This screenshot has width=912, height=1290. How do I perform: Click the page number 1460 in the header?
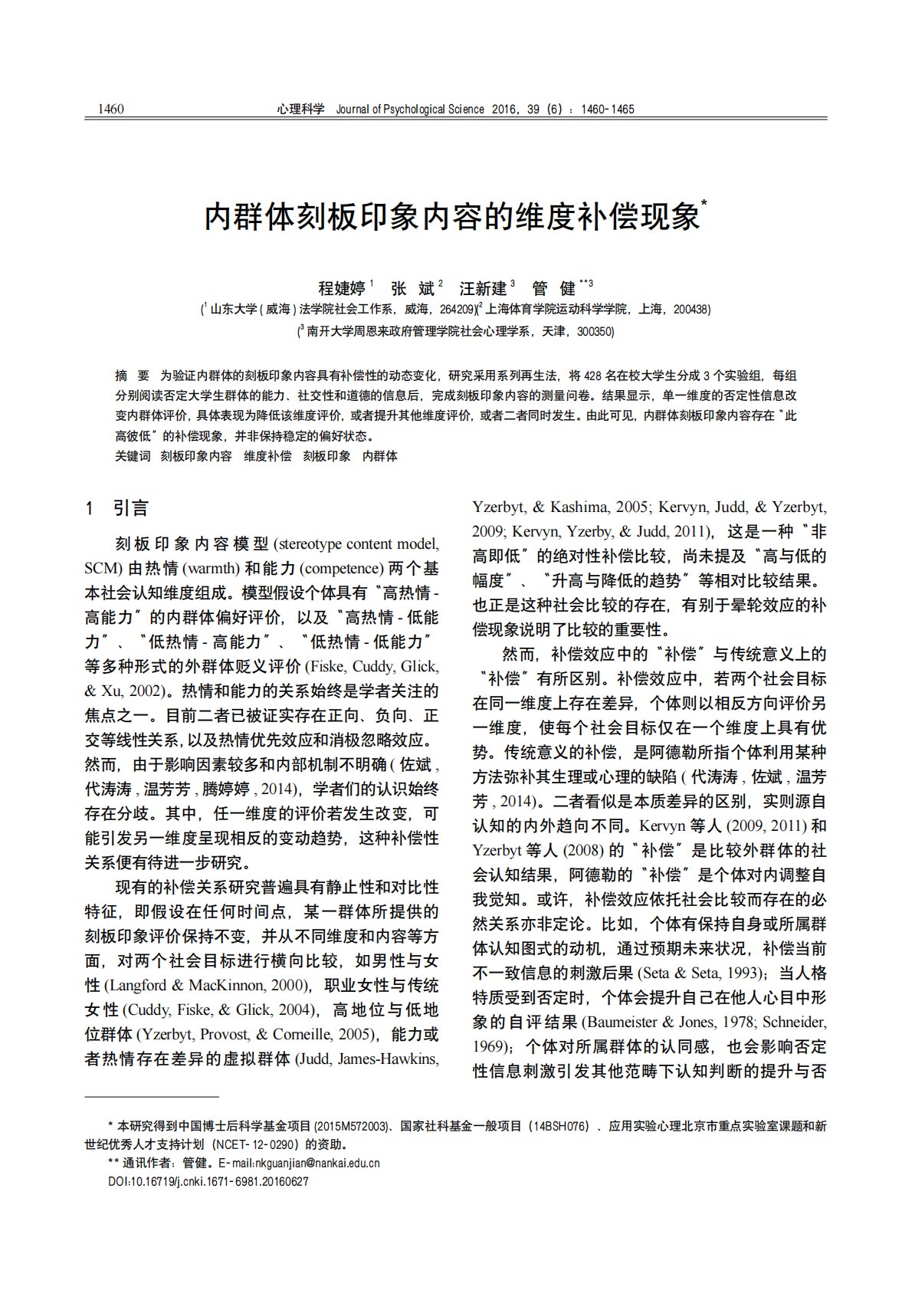pos(111,109)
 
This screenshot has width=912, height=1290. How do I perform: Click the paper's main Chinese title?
pos(453,218)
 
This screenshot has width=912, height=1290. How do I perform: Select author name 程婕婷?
pos(341,288)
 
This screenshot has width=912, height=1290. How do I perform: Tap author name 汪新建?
pos(483,288)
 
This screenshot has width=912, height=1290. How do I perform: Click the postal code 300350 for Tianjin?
pos(595,332)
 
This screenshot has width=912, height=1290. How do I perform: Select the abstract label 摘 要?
pos(132,376)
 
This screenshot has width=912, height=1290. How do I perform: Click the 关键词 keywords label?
pos(133,456)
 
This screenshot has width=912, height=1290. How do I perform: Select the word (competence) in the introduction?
pos(345,569)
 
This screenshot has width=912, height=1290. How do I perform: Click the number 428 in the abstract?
pos(592,376)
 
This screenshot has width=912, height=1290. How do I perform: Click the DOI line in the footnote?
pos(208,1181)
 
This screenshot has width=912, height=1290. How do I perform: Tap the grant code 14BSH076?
pos(563,1126)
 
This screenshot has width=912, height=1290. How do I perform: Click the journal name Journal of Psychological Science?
pos(410,109)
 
